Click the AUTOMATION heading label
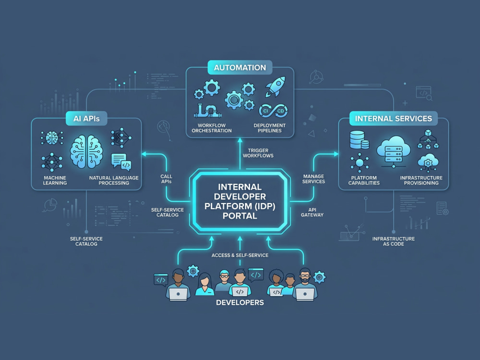(240, 68)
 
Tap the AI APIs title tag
(86, 119)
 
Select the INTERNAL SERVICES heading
(394, 119)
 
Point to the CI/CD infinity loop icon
(273, 111)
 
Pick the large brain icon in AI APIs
(86, 151)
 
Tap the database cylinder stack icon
(359, 140)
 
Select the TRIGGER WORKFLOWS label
(258, 153)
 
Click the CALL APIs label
(166, 179)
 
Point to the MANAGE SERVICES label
(313, 179)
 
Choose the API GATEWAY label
(312, 213)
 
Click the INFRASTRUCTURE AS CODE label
(394, 241)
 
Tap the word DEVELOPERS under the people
(240, 302)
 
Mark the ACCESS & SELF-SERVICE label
(240, 255)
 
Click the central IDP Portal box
(240, 201)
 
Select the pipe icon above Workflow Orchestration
(207, 111)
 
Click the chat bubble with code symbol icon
(121, 161)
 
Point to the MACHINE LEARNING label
(55, 180)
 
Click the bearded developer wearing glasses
(305, 284)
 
